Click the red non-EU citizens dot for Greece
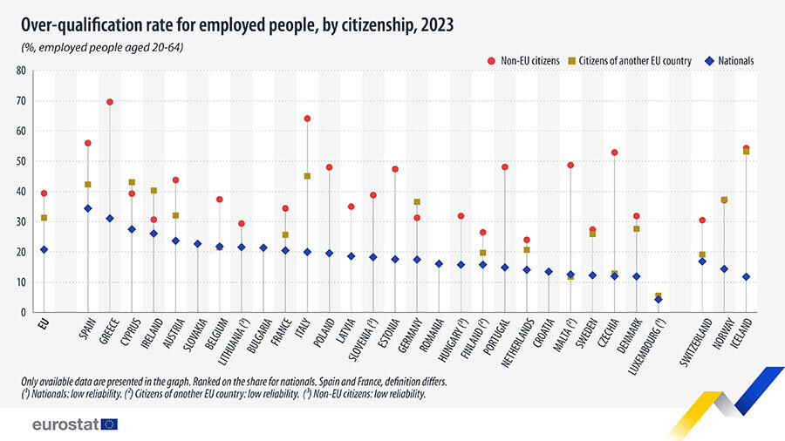click(x=110, y=102)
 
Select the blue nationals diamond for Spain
click(x=87, y=208)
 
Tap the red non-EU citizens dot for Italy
click(x=307, y=119)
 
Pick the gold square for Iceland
click(x=746, y=152)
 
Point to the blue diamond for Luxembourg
click(x=659, y=300)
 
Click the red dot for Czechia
click(x=615, y=153)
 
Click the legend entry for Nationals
click(x=730, y=61)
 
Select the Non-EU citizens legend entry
click(x=523, y=61)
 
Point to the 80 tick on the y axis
click(x=21, y=71)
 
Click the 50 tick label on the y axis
click(x=21, y=161)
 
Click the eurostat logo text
click(x=64, y=424)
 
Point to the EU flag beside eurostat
click(x=109, y=424)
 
